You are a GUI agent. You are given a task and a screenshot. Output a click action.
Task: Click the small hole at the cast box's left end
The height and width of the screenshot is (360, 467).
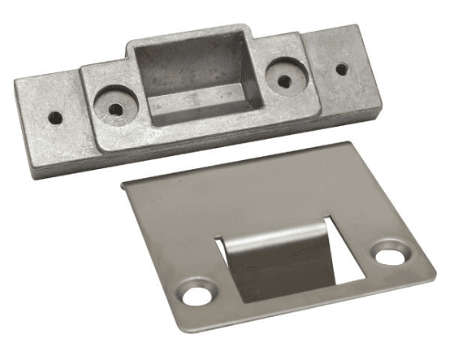tap(55, 118)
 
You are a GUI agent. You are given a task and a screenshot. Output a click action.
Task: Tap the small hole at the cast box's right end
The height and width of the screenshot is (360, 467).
tap(341, 68)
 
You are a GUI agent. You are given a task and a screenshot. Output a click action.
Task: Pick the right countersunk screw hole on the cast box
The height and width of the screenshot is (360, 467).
tap(284, 80)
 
